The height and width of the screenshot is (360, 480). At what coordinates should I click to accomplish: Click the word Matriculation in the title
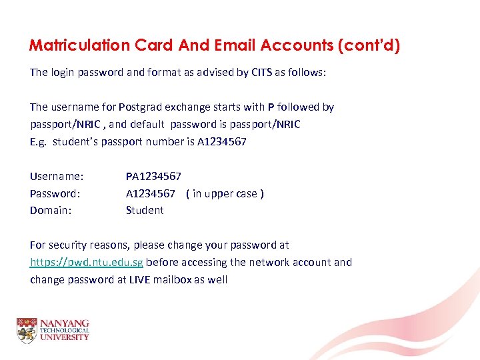[79, 45]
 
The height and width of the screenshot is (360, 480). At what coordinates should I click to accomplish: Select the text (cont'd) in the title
[369, 45]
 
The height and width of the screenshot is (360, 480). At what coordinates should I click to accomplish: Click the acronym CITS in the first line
[261, 72]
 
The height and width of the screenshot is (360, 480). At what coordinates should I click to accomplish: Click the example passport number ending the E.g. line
[222, 141]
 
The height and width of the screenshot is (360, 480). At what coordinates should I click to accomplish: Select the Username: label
[57, 176]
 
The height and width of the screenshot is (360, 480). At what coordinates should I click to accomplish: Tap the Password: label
[55, 193]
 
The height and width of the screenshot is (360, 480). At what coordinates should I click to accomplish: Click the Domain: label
[50, 210]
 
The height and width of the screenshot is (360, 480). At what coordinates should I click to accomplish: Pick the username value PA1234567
[153, 176]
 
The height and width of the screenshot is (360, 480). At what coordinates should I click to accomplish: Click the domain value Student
[145, 210]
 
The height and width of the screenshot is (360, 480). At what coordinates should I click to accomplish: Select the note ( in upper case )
[225, 193]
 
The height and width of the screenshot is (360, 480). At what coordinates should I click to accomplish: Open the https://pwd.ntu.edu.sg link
[87, 262]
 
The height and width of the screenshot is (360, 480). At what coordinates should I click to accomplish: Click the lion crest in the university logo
[27, 330]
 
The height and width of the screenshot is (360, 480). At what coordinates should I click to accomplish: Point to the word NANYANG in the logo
[64, 323]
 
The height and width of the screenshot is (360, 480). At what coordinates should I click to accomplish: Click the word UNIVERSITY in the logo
[64, 337]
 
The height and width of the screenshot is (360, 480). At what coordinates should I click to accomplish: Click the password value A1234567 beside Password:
[151, 193]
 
